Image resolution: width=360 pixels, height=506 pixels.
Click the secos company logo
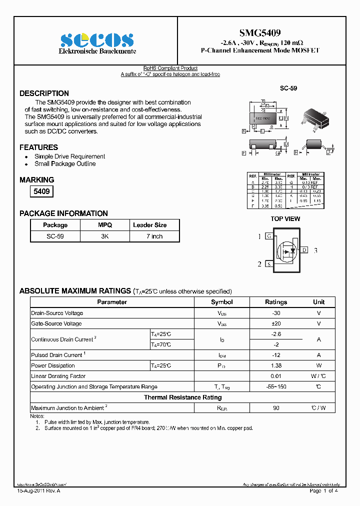(x=97, y=40)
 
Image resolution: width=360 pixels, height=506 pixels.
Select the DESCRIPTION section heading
(x=44, y=93)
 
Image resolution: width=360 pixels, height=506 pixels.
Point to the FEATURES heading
(x=38, y=147)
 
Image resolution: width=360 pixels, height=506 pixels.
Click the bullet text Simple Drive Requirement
(x=69, y=156)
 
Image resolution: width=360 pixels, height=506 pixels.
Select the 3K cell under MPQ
(x=104, y=236)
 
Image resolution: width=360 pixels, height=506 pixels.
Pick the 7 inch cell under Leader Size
(x=154, y=236)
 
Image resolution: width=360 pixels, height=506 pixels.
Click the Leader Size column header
(x=149, y=225)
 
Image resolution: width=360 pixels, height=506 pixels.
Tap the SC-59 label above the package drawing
(x=288, y=88)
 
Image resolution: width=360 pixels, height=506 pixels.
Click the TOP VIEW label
(x=285, y=218)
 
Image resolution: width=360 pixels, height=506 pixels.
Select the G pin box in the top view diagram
(x=269, y=236)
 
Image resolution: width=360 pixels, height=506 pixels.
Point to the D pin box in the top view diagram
(x=304, y=250)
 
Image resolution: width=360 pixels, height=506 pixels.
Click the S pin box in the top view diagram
(x=269, y=264)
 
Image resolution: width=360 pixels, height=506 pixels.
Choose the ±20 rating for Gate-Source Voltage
(x=276, y=323)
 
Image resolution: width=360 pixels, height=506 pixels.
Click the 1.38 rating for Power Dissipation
(x=276, y=365)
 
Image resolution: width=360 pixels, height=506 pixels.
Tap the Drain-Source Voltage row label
(x=57, y=313)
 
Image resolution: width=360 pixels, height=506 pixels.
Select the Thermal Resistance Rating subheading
(x=182, y=397)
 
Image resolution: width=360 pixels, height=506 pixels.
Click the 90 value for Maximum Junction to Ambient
(x=276, y=408)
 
